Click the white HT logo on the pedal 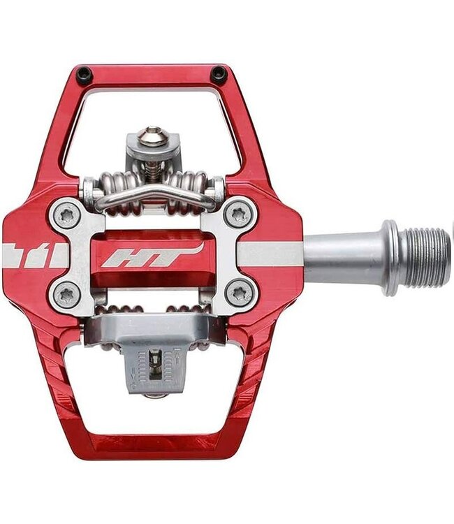(x=152, y=256)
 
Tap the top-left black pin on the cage (x=85, y=73)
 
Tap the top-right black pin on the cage (x=219, y=73)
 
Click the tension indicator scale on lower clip (x=152, y=363)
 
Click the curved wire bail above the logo (x=153, y=196)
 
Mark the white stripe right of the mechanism (x=272, y=254)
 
